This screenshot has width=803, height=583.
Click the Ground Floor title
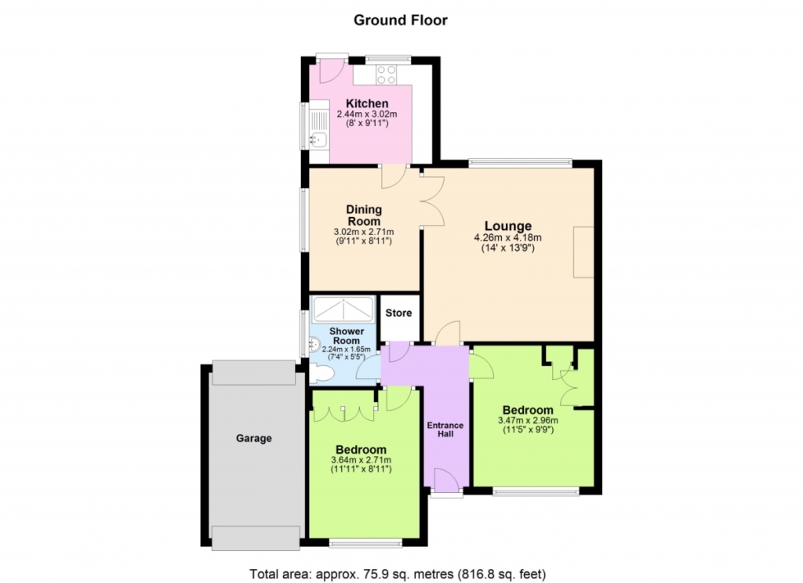pyautogui.click(x=401, y=20)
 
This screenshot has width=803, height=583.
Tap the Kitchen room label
pyautogui.click(x=367, y=103)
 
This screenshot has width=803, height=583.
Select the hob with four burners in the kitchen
pyautogui.click(x=387, y=74)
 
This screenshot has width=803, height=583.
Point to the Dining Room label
pyautogui.click(x=364, y=215)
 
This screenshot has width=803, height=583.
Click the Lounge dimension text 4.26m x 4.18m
pyautogui.click(x=508, y=237)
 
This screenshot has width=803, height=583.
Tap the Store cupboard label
pyautogui.click(x=398, y=313)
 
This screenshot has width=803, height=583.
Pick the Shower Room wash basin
pyautogui.click(x=314, y=346)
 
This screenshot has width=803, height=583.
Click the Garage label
pyautogui.click(x=253, y=438)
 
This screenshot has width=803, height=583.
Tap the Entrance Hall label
pyautogui.click(x=445, y=429)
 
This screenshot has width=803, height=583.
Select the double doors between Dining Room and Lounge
pyautogui.click(x=433, y=201)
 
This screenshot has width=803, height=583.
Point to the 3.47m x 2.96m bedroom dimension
pyautogui.click(x=528, y=421)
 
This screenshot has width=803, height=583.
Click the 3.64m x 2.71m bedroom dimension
pyautogui.click(x=361, y=460)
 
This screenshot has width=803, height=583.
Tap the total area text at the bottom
pyautogui.click(x=398, y=574)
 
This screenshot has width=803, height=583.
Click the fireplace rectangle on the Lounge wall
pyautogui.click(x=583, y=252)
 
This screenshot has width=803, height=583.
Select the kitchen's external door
pyautogui.click(x=332, y=71)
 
